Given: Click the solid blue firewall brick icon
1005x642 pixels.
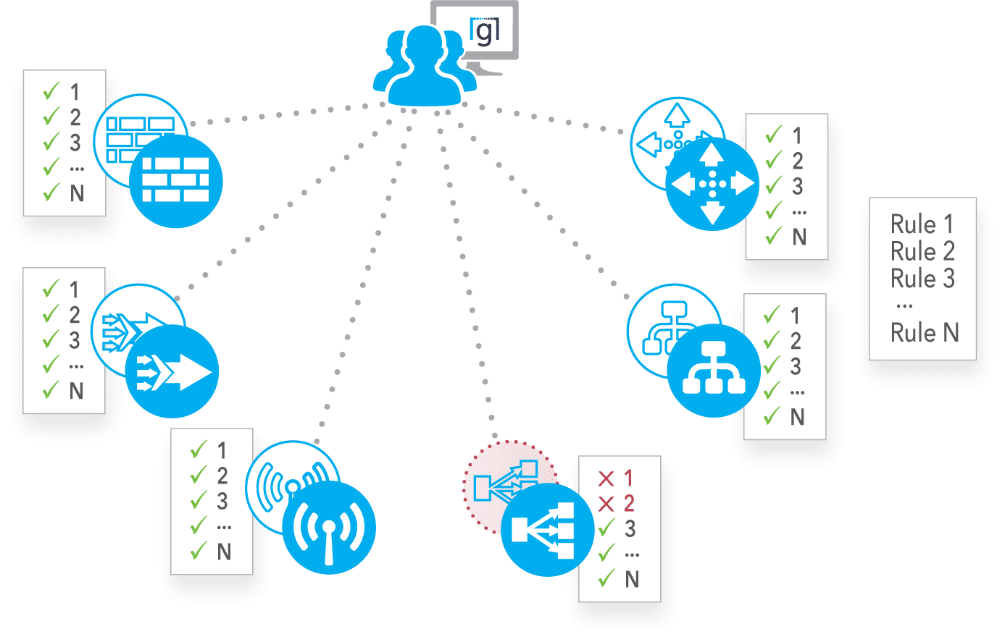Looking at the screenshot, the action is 176,180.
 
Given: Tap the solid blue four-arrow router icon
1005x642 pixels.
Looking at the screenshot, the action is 712,184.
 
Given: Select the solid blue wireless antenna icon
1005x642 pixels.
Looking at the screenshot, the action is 329,528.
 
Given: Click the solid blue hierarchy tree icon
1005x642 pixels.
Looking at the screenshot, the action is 714,371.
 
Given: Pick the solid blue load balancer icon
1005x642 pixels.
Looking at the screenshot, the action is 548,530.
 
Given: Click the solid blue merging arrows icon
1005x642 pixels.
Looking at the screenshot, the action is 172,371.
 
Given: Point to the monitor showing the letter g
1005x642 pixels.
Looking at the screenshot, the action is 475,37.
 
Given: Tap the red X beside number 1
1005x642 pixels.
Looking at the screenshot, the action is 606,478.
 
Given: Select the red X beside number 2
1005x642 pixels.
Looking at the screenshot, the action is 606,504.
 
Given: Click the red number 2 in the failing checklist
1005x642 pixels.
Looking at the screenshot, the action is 630,504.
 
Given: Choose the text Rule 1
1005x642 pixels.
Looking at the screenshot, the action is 922,224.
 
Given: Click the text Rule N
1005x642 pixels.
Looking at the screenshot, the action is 925,332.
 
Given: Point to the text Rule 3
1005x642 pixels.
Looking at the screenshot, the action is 922,278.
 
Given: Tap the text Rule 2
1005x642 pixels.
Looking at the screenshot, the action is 922,251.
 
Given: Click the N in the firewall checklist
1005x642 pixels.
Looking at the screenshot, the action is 78,193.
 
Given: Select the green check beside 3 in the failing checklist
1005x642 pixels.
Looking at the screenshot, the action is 606,528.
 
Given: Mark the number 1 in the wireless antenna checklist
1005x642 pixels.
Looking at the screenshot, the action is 222,451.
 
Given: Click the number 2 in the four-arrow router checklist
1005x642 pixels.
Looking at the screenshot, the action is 797,161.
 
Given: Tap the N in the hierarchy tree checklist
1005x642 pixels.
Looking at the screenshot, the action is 797,417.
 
